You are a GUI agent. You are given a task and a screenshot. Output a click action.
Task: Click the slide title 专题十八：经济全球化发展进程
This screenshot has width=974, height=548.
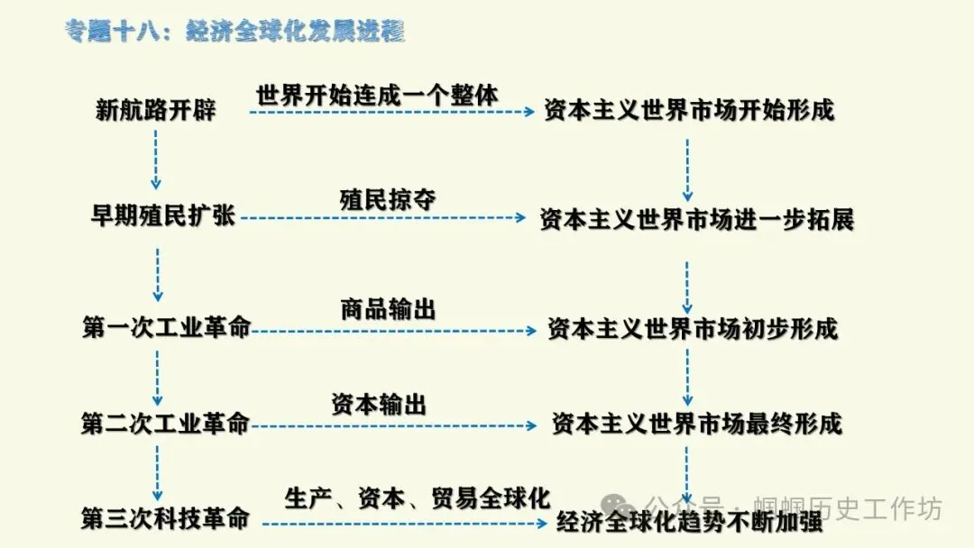point(234,32)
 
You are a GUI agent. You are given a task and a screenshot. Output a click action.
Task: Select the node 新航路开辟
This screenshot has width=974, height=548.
point(156,111)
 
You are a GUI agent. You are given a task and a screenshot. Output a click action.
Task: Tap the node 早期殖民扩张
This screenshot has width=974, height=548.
point(163,217)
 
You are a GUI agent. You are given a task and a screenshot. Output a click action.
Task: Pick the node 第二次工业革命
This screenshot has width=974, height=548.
point(165,424)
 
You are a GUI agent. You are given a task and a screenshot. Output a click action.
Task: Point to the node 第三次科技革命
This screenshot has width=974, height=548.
point(165,519)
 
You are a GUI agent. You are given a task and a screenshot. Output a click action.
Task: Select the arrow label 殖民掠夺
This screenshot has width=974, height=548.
point(388,199)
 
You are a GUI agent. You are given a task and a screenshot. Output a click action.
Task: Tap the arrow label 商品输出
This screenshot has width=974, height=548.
point(388,310)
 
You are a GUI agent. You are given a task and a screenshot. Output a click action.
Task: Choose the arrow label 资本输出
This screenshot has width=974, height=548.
point(379,405)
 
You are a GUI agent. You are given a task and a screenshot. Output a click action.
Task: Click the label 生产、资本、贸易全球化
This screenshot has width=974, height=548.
point(417,498)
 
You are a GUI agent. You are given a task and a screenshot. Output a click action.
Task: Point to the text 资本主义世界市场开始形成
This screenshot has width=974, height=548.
point(689,111)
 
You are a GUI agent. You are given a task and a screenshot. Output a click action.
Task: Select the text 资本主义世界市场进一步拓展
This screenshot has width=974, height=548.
point(696,219)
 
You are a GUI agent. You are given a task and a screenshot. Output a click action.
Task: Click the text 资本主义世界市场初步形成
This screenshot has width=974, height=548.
point(693,329)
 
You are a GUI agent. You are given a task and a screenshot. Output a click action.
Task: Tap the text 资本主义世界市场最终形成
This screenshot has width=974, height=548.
point(696,424)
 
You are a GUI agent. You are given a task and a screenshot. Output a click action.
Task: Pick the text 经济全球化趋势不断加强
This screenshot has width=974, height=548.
point(690,522)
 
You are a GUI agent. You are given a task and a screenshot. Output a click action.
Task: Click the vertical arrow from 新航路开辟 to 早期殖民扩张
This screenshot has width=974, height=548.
point(157,159)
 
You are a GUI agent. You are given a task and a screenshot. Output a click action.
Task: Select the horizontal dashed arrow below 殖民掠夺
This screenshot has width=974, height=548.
point(382,218)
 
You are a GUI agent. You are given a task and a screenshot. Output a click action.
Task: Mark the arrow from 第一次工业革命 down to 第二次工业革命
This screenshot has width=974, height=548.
point(158,378)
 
